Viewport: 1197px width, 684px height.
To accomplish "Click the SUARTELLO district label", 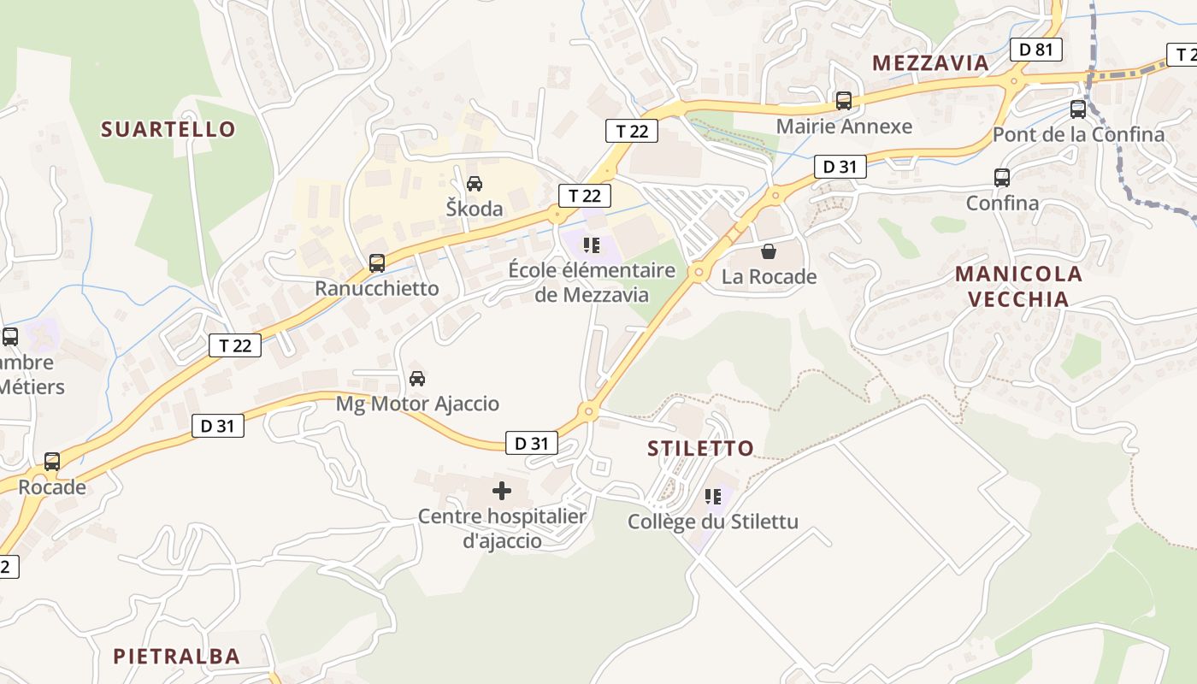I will tap(168, 129).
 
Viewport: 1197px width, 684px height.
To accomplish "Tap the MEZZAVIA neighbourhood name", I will tap(930, 62).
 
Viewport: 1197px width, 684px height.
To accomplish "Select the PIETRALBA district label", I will tap(177, 656).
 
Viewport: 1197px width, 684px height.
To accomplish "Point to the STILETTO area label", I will tap(701, 448).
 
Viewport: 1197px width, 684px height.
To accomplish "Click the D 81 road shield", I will tap(1036, 50).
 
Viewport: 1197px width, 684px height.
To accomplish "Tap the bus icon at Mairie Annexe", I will tap(844, 101).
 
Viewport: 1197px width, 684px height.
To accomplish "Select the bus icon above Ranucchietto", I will tap(377, 263).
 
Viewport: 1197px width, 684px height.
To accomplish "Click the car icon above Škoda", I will tap(475, 183).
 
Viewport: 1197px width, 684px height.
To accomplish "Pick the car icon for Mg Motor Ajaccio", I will tap(417, 378).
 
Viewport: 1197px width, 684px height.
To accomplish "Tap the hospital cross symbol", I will tap(502, 491).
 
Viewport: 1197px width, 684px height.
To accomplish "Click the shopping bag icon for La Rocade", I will tap(769, 251).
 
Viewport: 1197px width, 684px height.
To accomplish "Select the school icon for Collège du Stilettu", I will tap(713, 497).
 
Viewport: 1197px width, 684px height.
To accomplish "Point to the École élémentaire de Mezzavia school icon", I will tap(592, 245).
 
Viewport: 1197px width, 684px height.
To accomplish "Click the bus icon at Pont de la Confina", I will tap(1078, 109).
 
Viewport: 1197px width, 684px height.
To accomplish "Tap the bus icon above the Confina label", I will tap(1002, 178).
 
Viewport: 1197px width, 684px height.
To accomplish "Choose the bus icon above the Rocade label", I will tap(52, 462).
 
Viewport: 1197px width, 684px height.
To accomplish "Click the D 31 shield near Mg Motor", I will tap(217, 425).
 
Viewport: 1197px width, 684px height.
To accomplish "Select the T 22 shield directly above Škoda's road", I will tap(585, 195).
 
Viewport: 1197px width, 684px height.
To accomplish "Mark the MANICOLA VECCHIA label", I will tap(1018, 286).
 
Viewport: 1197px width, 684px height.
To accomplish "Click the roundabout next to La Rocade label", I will tap(699, 273).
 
